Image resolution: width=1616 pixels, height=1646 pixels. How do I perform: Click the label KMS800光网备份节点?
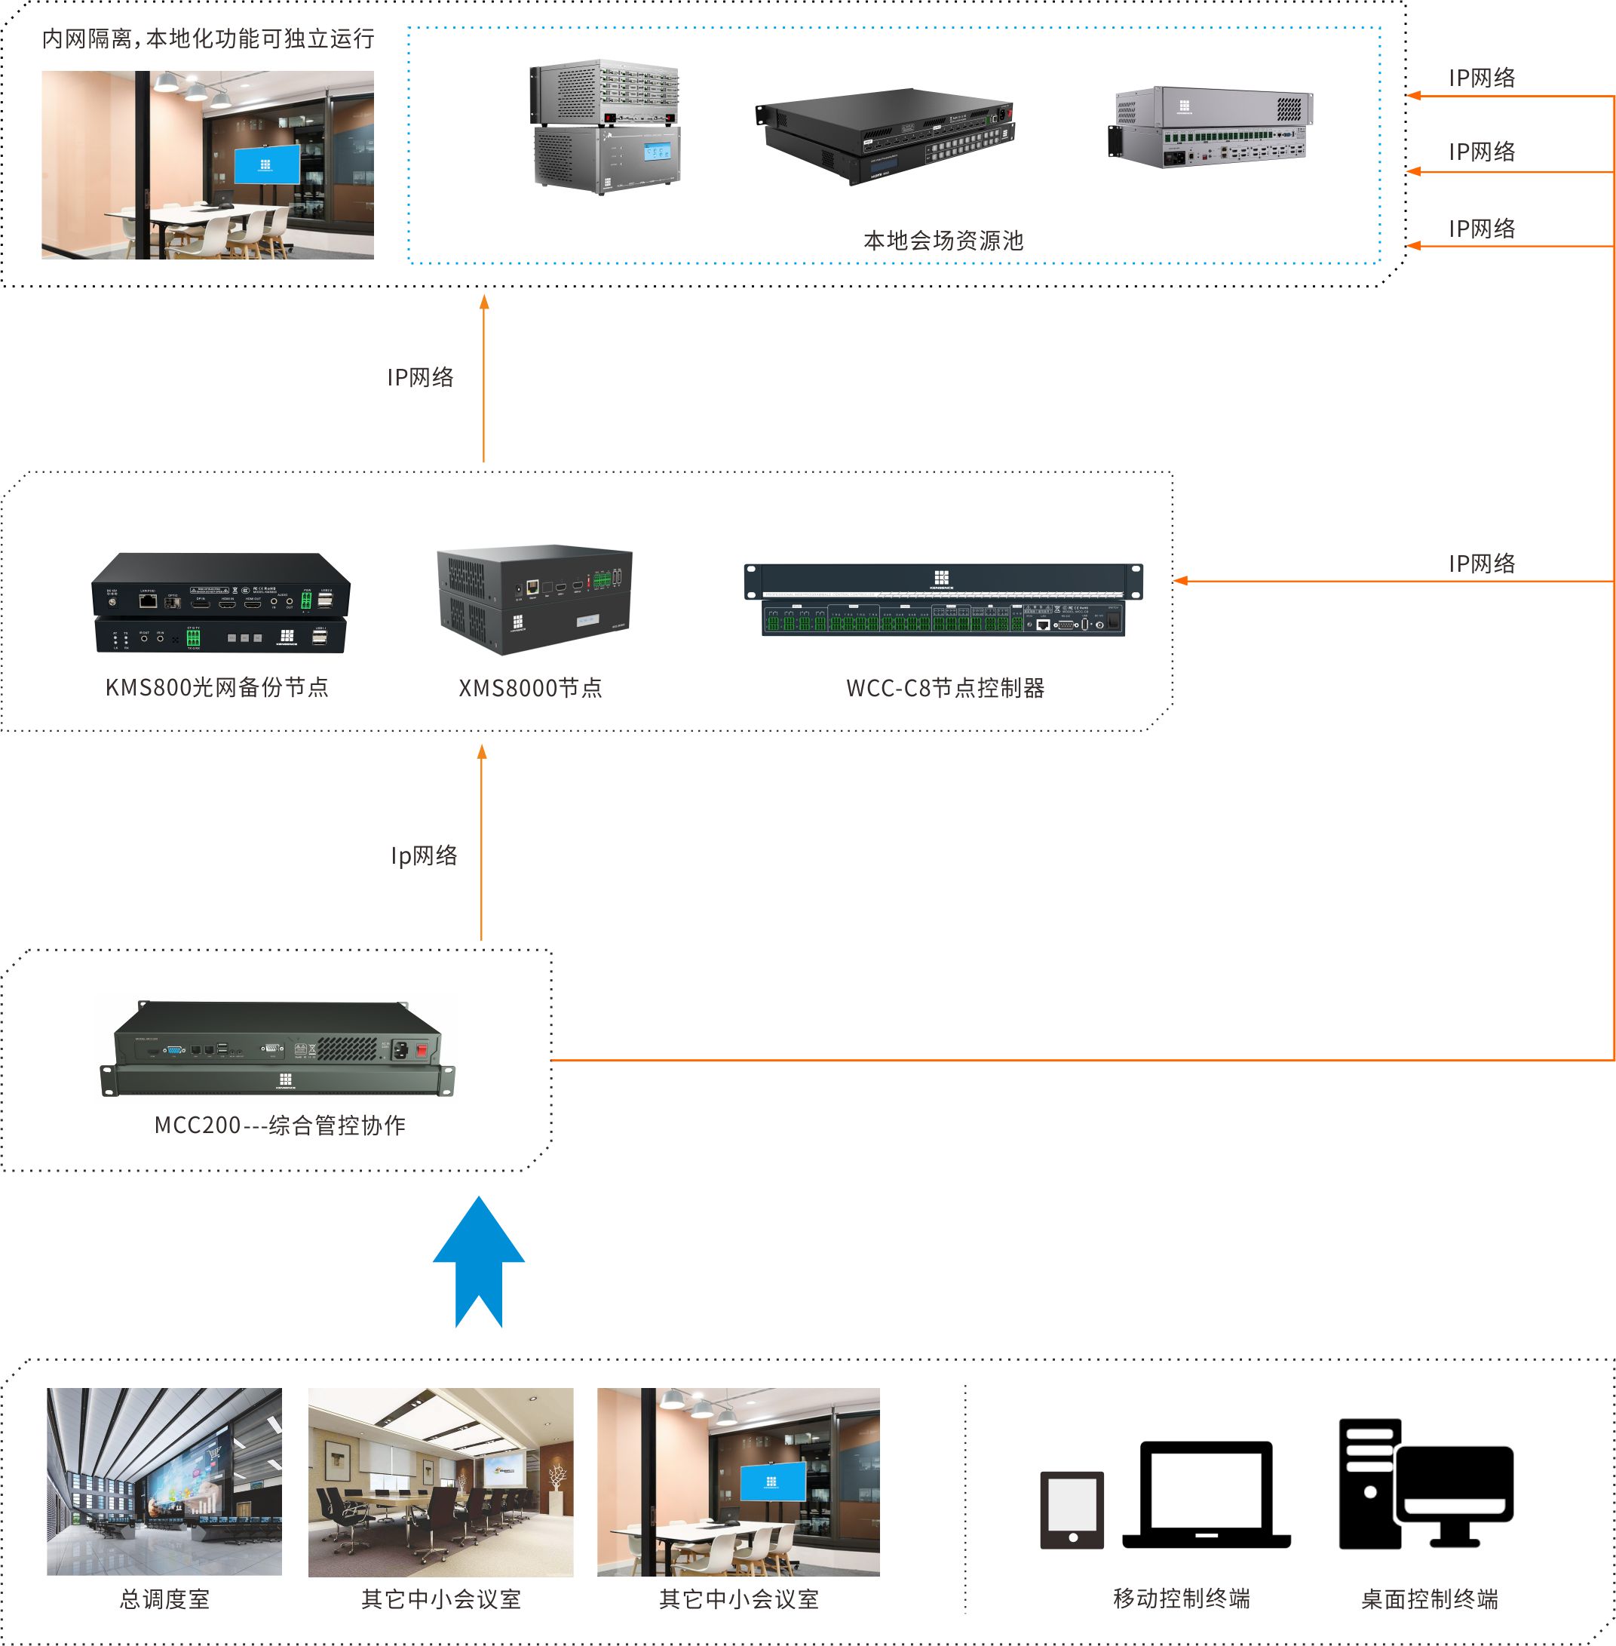[216, 688]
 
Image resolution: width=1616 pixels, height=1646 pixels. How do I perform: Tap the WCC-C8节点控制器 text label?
[945, 688]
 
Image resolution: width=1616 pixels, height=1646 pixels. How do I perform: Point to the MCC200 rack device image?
[278, 1049]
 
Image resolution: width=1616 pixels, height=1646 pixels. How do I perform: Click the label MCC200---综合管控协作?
[279, 1125]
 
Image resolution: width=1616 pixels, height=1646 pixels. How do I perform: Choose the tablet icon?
[1072, 1510]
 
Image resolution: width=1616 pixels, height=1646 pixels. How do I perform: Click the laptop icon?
[1206, 1495]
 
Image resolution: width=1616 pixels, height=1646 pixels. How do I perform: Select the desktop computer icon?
[1425, 1485]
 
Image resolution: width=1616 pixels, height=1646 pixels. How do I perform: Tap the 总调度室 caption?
[164, 1600]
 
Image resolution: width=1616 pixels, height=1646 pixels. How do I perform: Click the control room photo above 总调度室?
[164, 1482]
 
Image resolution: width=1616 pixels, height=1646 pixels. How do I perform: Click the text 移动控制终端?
[1182, 1599]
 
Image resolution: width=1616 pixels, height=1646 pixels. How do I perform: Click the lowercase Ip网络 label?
[424, 855]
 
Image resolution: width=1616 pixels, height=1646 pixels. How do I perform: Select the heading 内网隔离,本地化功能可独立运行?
[208, 39]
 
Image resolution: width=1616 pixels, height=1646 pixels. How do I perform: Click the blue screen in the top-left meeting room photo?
[266, 164]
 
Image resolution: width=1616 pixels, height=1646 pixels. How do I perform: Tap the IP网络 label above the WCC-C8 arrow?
[1481, 564]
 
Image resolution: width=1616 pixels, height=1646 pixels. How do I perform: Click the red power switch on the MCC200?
[421, 1049]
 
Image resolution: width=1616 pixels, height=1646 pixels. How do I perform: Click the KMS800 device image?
[221, 603]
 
